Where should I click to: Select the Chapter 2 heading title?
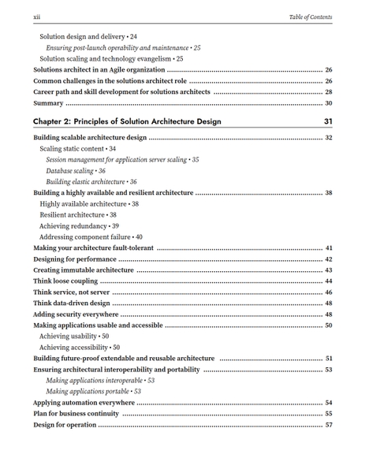click(127, 121)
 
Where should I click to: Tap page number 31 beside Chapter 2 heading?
click(328, 121)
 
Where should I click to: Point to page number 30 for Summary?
click(329, 103)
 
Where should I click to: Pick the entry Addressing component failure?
click(91, 236)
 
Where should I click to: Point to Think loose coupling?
click(65, 281)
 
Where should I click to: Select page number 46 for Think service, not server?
click(329, 292)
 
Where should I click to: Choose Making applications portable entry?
click(93, 392)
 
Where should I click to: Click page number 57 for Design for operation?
click(329, 425)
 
